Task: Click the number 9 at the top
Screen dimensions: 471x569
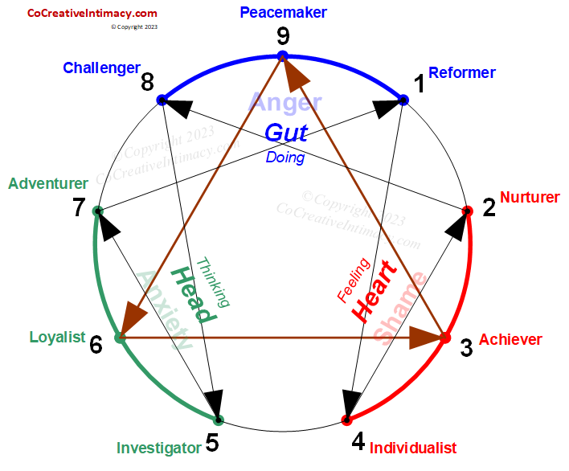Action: [x=282, y=36]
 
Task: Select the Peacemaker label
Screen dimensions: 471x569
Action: [x=283, y=13]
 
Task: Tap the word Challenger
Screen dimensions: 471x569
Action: [x=101, y=68]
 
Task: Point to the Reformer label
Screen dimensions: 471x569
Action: [x=461, y=73]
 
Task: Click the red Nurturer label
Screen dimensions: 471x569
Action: [x=530, y=197]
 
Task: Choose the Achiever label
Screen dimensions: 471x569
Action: [x=510, y=340]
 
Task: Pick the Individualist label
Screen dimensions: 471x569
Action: [x=412, y=448]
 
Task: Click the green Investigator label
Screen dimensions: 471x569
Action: [x=158, y=448]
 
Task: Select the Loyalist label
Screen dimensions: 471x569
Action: [x=57, y=338]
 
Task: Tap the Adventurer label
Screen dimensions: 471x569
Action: [x=48, y=183]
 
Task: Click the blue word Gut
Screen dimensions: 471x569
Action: [x=286, y=133]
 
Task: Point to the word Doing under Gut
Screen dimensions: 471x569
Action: [x=285, y=158]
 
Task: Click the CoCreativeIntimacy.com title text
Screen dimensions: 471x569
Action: [x=92, y=13]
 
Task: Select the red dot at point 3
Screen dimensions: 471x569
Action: [x=444, y=338]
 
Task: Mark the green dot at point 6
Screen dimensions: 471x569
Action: [x=120, y=338]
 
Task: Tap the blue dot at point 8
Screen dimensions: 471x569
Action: [x=162, y=100]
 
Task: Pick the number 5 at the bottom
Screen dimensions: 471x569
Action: [x=212, y=443]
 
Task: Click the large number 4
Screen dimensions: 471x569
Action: [x=358, y=441]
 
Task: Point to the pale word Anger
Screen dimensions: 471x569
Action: [x=285, y=102]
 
